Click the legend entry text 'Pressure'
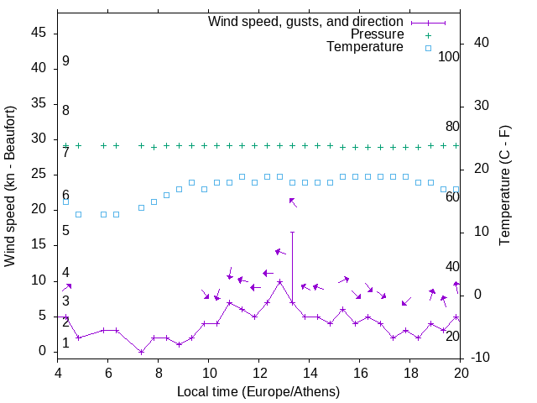coord(377,34)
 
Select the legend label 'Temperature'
coord(365,47)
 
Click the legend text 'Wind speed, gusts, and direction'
coord(305,21)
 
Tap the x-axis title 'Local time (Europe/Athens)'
coord(259,391)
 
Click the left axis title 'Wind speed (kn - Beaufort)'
coord(10,186)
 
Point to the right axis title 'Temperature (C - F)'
coord(504,186)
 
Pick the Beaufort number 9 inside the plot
coord(65,62)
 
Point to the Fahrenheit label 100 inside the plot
coord(449,56)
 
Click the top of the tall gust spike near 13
coord(292,232)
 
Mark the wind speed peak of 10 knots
coord(279,281)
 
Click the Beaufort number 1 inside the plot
coord(65,343)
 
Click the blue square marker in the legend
coord(428,48)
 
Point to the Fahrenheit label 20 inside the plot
coord(452,336)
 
